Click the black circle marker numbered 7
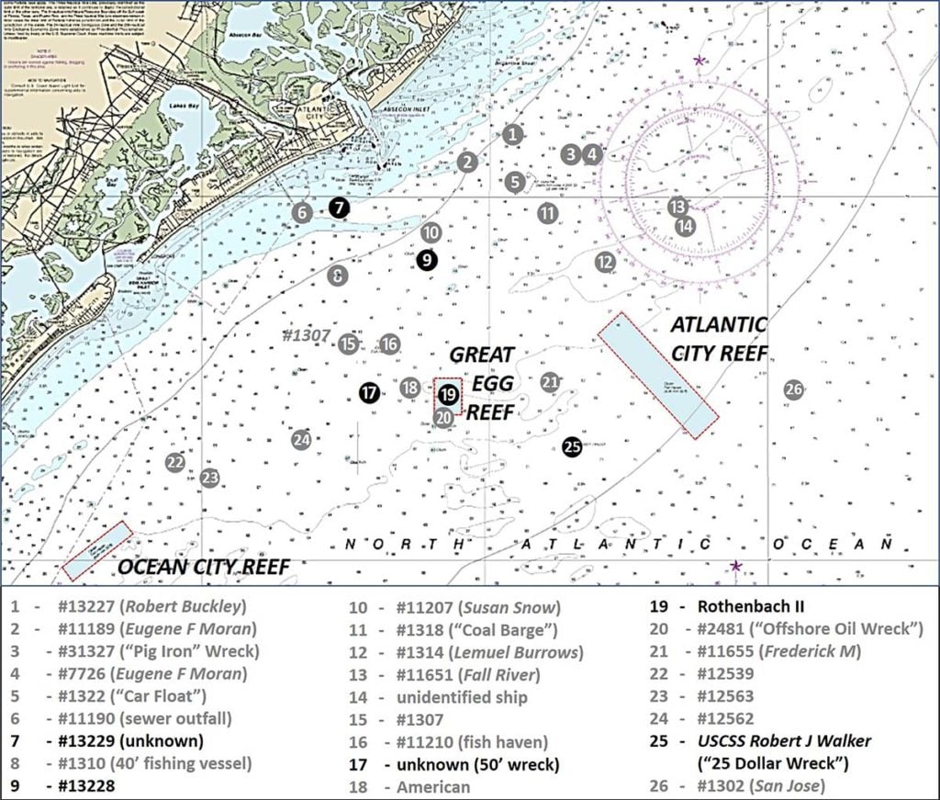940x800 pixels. [340, 208]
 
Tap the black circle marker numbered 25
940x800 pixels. [573, 446]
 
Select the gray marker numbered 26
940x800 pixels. [794, 389]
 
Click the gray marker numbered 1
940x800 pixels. [513, 134]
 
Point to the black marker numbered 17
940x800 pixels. [369, 393]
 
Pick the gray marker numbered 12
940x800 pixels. [604, 262]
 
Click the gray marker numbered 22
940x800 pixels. [174, 462]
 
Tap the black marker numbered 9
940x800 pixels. [426, 260]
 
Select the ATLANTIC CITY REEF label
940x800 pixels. [719, 339]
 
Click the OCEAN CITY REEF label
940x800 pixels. [203, 568]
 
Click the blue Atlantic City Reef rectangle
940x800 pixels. [657, 375]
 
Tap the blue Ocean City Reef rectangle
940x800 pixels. [97, 550]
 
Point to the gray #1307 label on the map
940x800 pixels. [305, 336]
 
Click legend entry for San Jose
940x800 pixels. [780, 785]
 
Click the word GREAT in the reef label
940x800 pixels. [482, 355]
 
